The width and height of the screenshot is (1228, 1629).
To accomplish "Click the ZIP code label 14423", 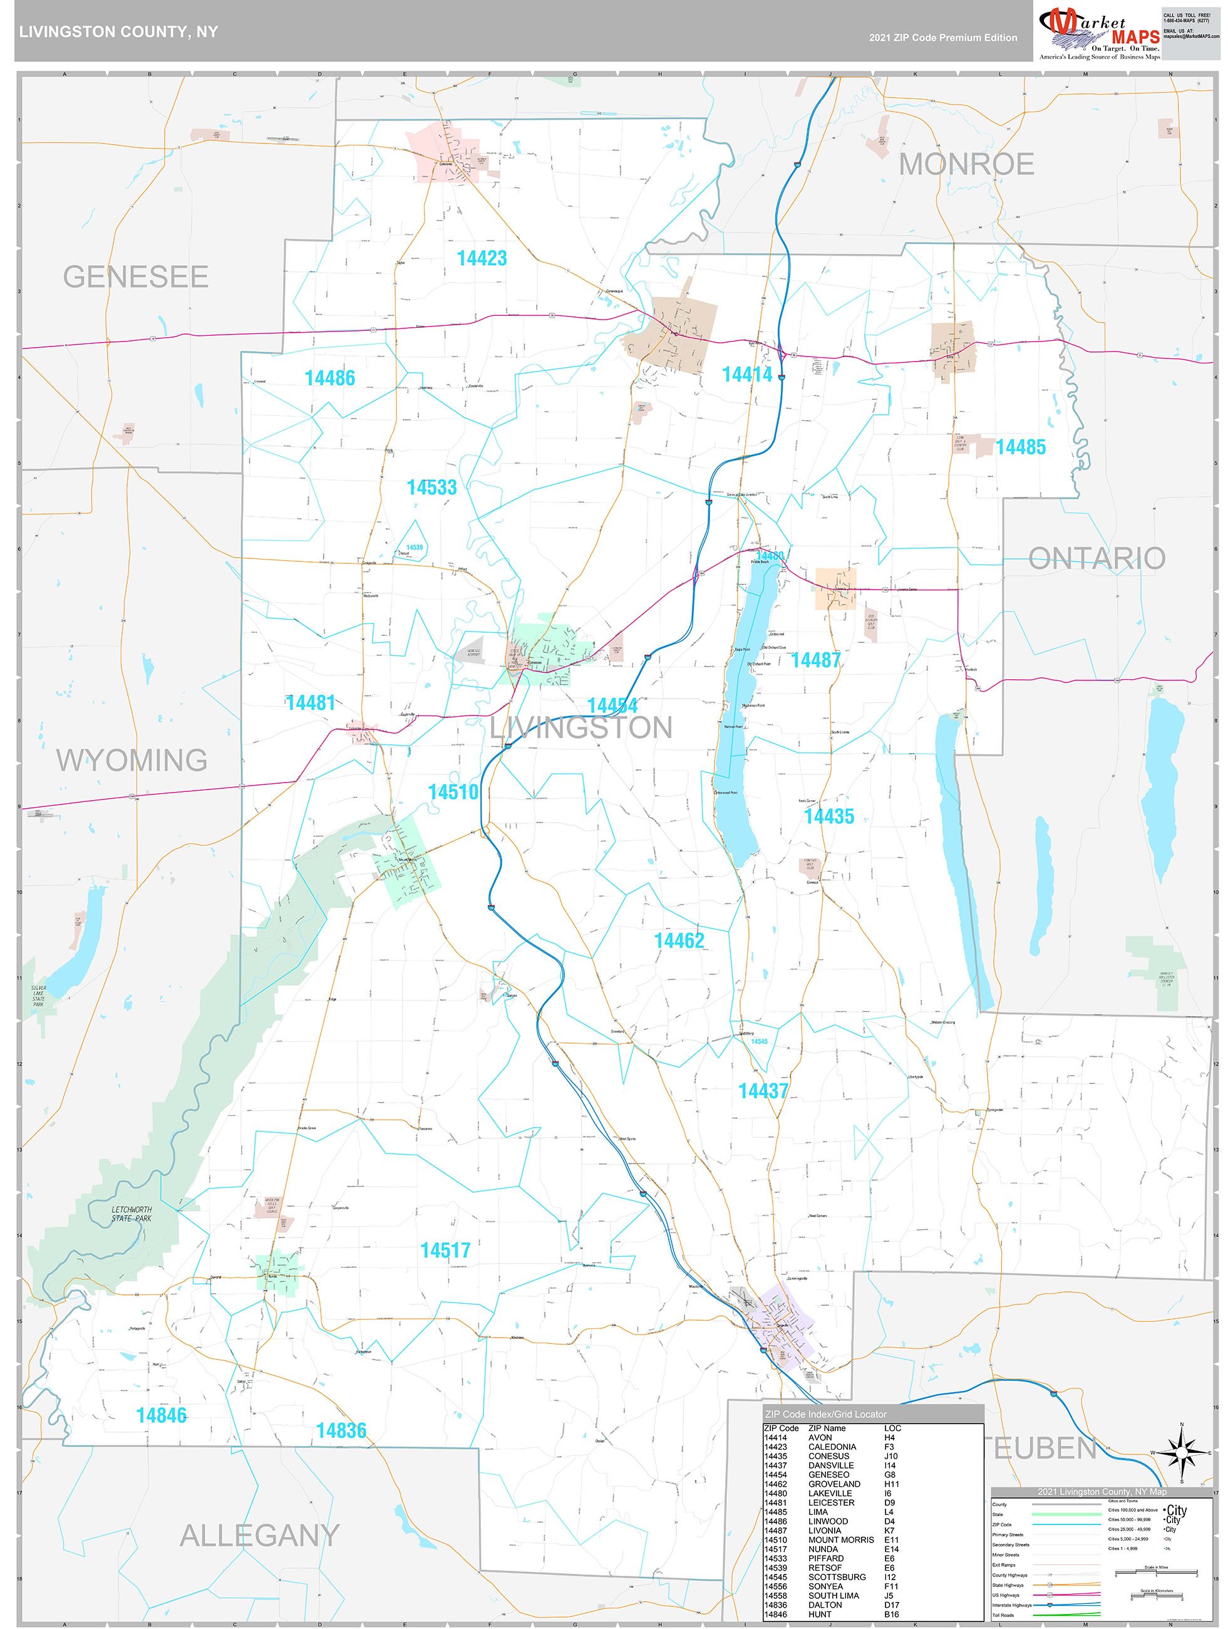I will [x=482, y=259].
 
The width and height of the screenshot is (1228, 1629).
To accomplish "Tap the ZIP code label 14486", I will [x=329, y=378].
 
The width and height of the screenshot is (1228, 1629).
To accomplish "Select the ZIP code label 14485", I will [x=1019, y=447].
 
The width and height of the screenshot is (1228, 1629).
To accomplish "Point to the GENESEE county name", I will [x=135, y=277].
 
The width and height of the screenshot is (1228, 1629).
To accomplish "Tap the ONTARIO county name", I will [x=1096, y=558].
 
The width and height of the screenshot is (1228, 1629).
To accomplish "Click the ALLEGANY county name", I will [x=259, y=1536].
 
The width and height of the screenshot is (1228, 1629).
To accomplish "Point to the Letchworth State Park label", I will [x=132, y=1214].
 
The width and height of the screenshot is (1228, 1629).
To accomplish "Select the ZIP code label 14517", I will [x=445, y=1251].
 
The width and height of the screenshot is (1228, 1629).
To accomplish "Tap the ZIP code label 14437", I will [x=763, y=1091].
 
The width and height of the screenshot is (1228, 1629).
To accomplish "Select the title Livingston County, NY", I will [x=118, y=32].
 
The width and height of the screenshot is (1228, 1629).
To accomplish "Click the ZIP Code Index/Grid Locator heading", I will [x=825, y=1414].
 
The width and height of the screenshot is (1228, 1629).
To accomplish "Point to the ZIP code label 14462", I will [x=679, y=940].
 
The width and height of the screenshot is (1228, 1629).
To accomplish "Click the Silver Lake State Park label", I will [x=38, y=996].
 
